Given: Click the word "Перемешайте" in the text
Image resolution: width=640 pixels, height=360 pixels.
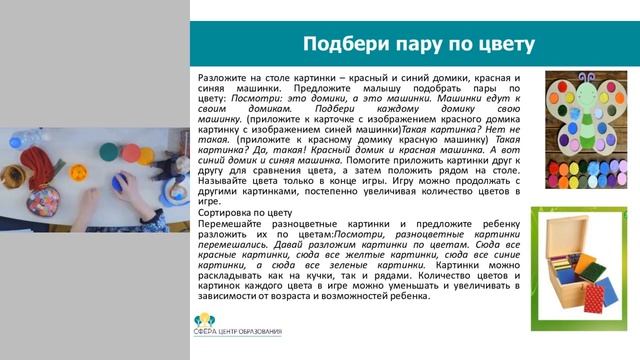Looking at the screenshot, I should click(232, 225).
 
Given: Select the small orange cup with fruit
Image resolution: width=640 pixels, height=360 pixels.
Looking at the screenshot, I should click(79, 171).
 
